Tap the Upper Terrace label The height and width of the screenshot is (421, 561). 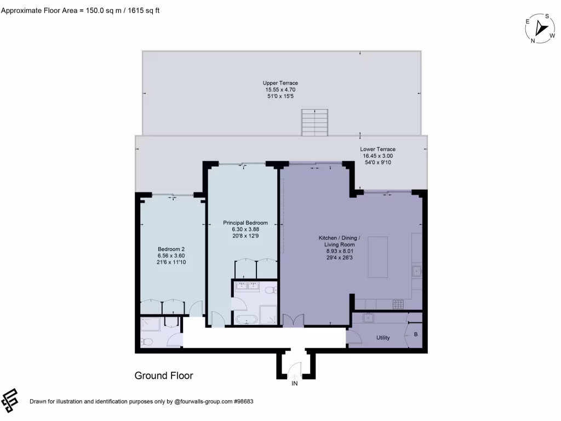[280, 89]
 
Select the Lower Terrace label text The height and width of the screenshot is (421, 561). [377, 156]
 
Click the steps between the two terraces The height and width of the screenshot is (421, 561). [314, 122]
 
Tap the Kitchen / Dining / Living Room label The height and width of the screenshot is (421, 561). [339, 246]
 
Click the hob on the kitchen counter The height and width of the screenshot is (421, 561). [397, 303]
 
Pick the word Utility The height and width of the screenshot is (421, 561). [383, 338]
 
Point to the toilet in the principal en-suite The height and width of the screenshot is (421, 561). [270, 289]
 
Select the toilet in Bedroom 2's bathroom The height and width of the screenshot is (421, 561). [146, 343]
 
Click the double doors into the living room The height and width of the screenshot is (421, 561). [293, 320]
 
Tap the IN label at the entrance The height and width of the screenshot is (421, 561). [294, 384]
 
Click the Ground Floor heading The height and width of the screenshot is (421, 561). [164, 376]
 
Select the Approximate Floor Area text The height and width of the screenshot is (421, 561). [80, 10]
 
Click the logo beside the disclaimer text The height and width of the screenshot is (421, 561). [11, 401]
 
